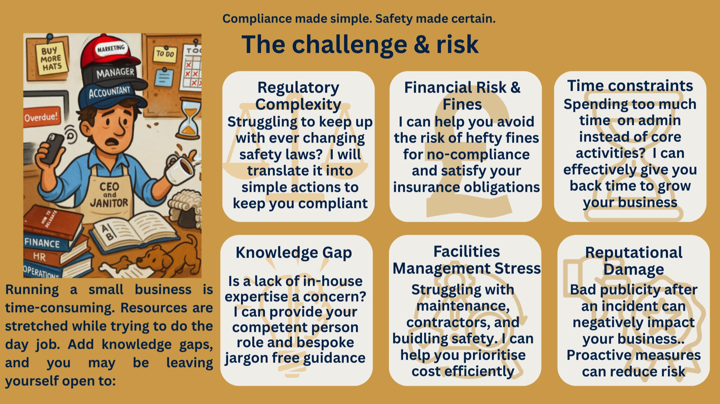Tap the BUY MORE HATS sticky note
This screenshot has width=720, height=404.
[x=51, y=59]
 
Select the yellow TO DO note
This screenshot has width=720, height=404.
[x=165, y=54]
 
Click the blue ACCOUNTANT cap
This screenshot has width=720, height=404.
[x=109, y=93]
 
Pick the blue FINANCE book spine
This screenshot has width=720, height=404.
[x=42, y=243]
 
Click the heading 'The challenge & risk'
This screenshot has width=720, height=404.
[x=360, y=45]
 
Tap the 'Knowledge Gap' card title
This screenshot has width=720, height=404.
[x=294, y=252]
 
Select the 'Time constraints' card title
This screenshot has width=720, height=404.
[x=630, y=86]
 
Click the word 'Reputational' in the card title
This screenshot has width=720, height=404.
[x=634, y=252]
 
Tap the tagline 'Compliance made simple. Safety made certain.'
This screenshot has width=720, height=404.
[x=359, y=19]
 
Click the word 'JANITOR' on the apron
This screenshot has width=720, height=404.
[x=109, y=203]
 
